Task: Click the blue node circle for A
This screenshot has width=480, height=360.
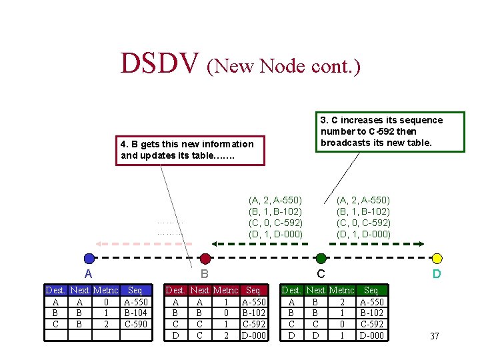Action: pos(89,259)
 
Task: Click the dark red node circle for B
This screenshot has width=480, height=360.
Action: pos(205,259)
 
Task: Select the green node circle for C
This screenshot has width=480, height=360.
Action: pos(321,259)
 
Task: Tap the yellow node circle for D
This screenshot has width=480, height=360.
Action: pos(437,259)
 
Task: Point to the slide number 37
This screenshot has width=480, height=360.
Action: pos(434,336)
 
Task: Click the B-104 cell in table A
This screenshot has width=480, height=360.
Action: pos(135,312)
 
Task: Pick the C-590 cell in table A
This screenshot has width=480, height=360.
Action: pos(135,324)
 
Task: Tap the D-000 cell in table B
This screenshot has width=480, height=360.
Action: pos(254,335)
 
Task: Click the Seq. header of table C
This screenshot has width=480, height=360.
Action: pos(372,290)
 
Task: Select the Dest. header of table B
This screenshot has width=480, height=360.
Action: pos(175,290)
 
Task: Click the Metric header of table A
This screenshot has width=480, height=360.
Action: pos(105,290)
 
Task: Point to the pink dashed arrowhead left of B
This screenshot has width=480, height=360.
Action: pos(98,243)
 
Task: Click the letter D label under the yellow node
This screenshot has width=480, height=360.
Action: pos(437,274)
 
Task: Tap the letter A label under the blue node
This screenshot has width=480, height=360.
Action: pos(88,274)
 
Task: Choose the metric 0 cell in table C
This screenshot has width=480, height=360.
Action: pos(341,324)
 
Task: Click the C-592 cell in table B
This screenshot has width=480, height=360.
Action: pos(254,324)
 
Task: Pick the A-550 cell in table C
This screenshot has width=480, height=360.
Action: pos(372,301)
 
